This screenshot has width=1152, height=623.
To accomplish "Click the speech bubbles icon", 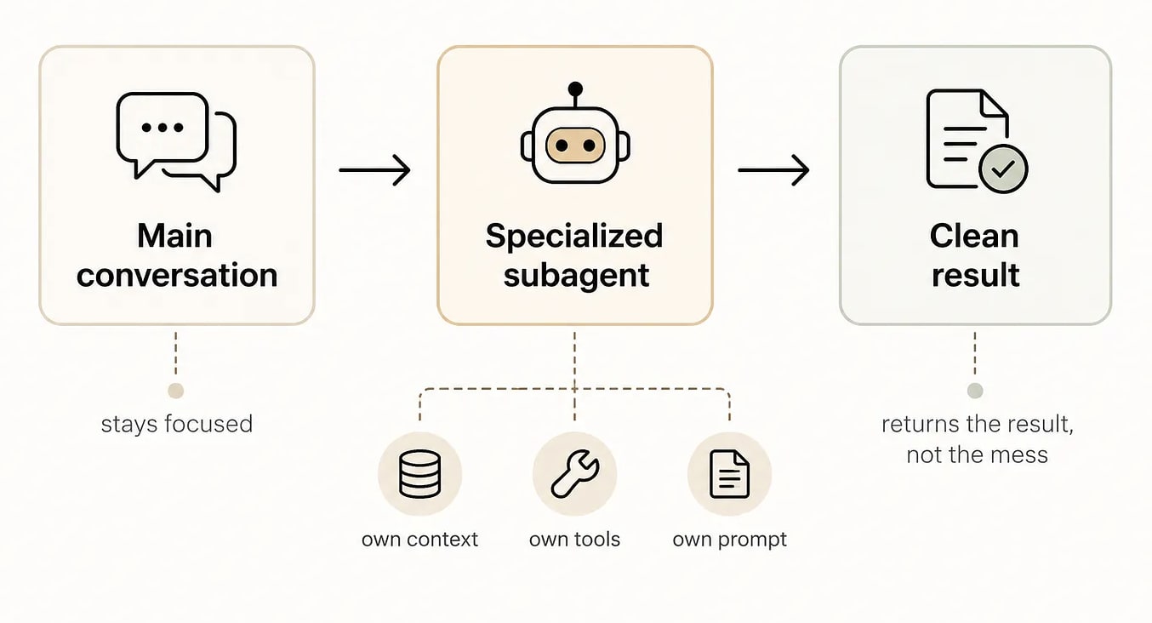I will (176, 140).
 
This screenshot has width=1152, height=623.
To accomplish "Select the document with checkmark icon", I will (975, 140).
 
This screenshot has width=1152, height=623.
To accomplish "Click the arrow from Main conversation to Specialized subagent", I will (374, 170).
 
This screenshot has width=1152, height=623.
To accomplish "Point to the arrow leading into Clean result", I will (773, 170).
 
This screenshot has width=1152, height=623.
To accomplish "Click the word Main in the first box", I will (174, 236).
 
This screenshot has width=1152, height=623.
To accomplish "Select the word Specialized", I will (574, 236).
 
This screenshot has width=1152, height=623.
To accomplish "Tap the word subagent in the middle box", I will (576, 275).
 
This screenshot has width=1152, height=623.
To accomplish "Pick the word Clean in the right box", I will (974, 236).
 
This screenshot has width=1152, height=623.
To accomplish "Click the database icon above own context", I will (419, 474).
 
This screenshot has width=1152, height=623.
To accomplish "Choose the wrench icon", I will (574, 474).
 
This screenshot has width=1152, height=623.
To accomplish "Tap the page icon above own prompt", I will (729, 474).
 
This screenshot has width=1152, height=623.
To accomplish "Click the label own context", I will (419, 540).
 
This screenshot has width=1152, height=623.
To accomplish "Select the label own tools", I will (574, 540).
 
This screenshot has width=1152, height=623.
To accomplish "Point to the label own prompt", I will (729, 540).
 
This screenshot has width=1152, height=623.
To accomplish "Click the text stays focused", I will (177, 424).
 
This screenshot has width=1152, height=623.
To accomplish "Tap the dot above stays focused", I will (176, 391).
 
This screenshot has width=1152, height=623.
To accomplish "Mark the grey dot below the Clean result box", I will (975, 391).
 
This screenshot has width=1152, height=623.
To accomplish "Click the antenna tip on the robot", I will (575, 88).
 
